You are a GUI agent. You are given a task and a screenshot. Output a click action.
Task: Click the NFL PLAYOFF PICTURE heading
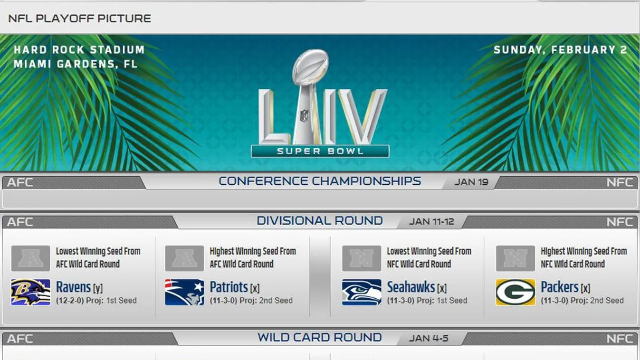pyautogui.click(x=80, y=19)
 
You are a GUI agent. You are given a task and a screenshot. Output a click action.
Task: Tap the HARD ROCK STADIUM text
pyautogui.click(x=79, y=50)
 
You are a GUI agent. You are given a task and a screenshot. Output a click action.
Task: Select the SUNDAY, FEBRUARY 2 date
pyautogui.click(x=561, y=50)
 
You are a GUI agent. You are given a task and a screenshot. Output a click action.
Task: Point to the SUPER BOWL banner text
pyautogui.click(x=320, y=151)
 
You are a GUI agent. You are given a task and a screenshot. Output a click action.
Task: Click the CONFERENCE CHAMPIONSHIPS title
pyautogui.click(x=320, y=181)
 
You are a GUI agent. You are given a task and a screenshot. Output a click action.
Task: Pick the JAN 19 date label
pyautogui.click(x=471, y=182)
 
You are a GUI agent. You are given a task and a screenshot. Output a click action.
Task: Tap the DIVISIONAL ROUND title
pyautogui.click(x=320, y=221)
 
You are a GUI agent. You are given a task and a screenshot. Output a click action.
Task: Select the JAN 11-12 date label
pyautogui.click(x=431, y=221)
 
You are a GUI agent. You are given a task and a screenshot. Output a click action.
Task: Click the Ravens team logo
pyautogui.click(x=30, y=293)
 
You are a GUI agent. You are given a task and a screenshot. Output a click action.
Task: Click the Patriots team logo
pyautogui.click(x=184, y=293)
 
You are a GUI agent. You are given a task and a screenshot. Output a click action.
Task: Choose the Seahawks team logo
pyautogui.click(x=362, y=293)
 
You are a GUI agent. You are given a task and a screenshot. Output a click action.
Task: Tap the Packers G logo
pyautogui.click(x=516, y=293)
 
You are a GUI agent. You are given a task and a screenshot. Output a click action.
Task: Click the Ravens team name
pyautogui.click(x=74, y=287)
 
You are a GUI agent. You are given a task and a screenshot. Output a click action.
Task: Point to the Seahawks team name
pyautogui.click(x=411, y=287)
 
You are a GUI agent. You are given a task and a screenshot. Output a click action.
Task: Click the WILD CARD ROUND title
pyautogui.click(x=320, y=338)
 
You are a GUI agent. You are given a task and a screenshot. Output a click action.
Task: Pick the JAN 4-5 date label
pyautogui.click(x=429, y=338)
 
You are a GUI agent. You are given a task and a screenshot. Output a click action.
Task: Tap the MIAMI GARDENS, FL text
pyautogui.click(x=76, y=64)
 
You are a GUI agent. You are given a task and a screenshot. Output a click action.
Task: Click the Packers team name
pyautogui.click(x=559, y=287)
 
